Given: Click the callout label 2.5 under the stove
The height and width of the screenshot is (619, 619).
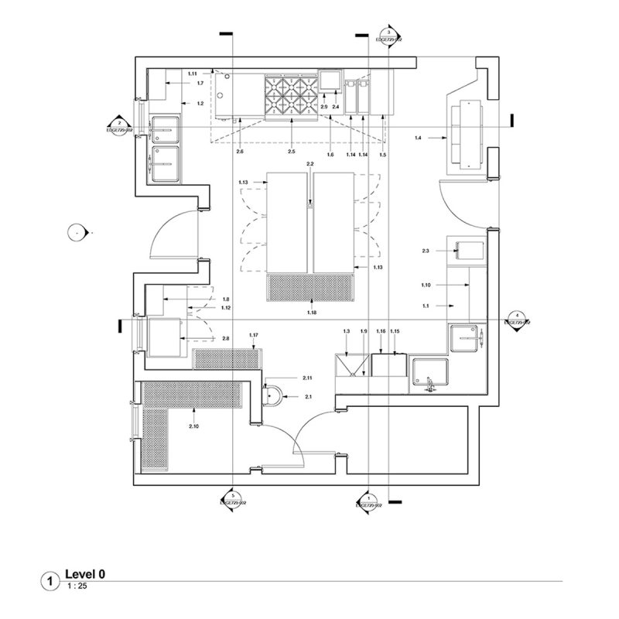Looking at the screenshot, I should point(292,152).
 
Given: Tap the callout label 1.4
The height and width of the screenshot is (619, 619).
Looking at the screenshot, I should point(419,137).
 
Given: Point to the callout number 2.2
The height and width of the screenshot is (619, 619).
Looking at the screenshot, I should point(310,165).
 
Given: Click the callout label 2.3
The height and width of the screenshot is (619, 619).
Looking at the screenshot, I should point(426,251).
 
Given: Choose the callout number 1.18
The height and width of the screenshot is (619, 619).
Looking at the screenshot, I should point(312,311).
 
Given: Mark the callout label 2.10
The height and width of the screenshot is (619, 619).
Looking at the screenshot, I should point(193,426).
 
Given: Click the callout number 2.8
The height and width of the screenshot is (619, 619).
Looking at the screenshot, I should point(225,339).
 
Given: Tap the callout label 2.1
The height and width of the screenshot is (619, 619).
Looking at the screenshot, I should point(309,396).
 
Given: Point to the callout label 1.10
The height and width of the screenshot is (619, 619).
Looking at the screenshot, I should point(426,285).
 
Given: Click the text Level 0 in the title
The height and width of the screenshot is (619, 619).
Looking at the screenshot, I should point(85,574).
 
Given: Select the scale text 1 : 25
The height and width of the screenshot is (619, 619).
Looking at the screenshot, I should point(76,587).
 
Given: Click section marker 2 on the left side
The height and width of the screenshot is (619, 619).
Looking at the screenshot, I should point(119,125).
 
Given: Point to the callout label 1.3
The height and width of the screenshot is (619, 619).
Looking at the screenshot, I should point(347,331).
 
